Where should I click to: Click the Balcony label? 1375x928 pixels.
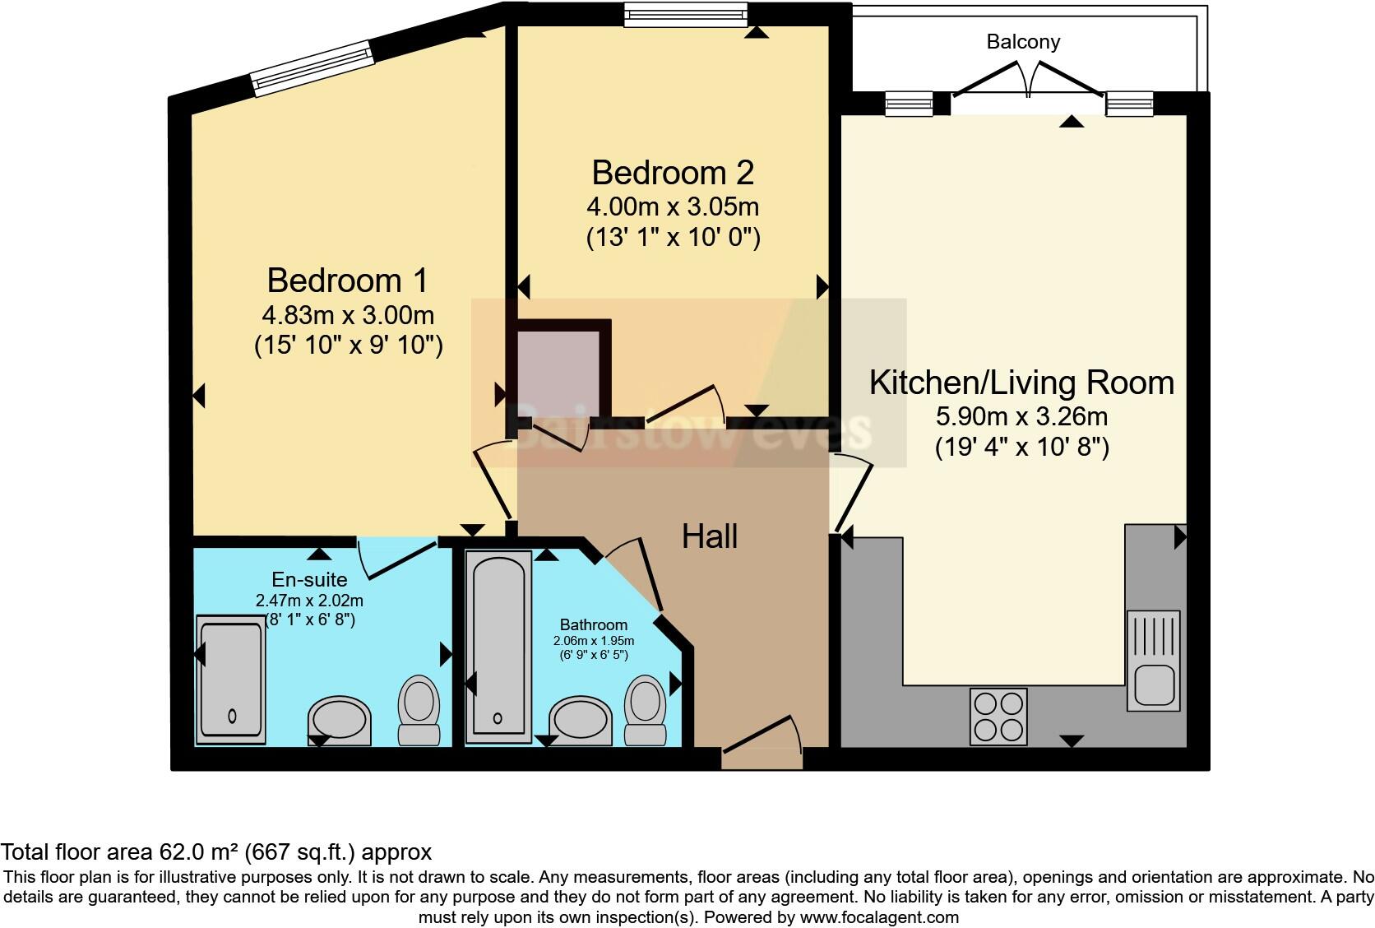(1023, 42)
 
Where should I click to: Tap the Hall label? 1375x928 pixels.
(710, 536)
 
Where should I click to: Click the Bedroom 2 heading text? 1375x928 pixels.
(673, 173)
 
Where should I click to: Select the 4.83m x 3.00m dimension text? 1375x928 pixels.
(348, 315)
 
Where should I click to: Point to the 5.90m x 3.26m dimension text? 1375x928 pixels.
(1021, 416)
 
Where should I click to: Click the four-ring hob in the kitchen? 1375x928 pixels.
(998, 717)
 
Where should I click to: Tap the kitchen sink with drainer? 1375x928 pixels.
(1154, 661)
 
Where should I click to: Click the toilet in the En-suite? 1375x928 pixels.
(419, 711)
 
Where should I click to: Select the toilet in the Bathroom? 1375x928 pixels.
(645, 711)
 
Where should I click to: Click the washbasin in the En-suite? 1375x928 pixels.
(340, 721)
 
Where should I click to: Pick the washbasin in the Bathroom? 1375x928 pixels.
(580, 721)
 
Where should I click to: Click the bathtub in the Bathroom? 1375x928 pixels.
(498, 647)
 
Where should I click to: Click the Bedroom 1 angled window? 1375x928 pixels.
(312, 68)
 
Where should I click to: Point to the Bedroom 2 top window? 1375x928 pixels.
(686, 15)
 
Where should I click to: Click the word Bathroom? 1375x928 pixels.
(594, 624)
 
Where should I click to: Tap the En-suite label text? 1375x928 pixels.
(309, 579)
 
